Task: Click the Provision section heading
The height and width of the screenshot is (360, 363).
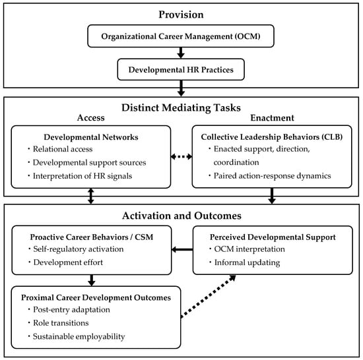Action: [x=181, y=15]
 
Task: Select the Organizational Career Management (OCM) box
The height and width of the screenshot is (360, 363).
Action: [x=181, y=36]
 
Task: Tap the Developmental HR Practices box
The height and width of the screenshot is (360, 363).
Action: [x=181, y=69]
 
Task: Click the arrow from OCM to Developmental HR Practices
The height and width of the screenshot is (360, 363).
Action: [x=181, y=53]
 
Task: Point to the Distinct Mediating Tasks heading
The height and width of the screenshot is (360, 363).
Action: [x=181, y=107]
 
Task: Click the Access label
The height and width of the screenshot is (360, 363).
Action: [x=91, y=117]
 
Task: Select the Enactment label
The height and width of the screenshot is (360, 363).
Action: [x=272, y=118]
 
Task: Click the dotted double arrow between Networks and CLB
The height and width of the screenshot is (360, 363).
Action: [x=181, y=157]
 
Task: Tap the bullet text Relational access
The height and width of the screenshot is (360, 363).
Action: [x=63, y=149]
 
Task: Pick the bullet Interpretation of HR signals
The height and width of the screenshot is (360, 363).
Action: [x=82, y=176]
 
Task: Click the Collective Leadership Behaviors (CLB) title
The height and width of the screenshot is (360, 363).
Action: [x=272, y=137]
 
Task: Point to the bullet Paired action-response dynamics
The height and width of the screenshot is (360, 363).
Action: [x=272, y=176]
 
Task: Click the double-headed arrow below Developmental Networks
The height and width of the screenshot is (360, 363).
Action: [x=91, y=196]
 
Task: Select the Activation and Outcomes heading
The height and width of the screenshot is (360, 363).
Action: [x=181, y=216]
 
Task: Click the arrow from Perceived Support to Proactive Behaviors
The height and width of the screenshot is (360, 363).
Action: [x=182, y=249]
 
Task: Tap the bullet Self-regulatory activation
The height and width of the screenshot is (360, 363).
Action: [x=79, y=249]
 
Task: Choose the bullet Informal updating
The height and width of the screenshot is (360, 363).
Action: [x=247, y=262]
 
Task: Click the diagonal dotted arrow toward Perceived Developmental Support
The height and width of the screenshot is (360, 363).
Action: [x=208, y=296]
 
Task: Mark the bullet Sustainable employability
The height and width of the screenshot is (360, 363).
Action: [x=79, y=336]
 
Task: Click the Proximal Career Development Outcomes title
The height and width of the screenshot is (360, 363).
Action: [x=96, y=297]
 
